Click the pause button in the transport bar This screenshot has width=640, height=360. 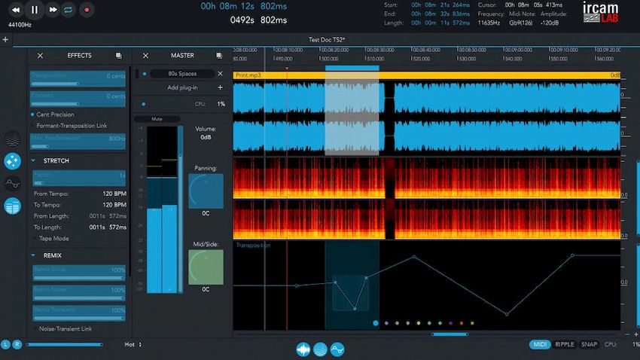(34, 10)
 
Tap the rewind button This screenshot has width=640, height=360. (15, 10)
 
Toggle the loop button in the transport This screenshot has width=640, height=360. (69, 10)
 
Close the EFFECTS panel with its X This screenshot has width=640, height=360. (40, 56)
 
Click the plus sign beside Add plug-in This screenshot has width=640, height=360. (220, 87)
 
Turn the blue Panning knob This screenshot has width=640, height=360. (206, 191)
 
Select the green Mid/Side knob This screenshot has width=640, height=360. (206, 267)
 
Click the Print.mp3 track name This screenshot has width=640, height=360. (248, 75)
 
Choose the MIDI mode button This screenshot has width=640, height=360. (540, 344)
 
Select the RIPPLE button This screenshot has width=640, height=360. (564, 344)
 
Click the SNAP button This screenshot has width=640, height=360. (589, 344)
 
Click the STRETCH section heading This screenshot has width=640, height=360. (56, 160)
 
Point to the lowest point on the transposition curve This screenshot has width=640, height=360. (506, 314)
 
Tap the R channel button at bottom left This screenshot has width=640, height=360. (17, 344)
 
